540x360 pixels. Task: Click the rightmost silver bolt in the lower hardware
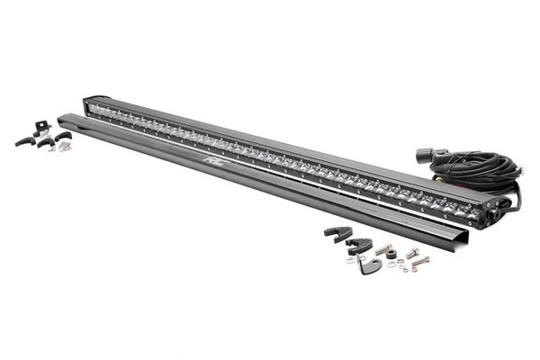click(x=420, y=261)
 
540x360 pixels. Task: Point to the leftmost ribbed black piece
click(x=24, y=140)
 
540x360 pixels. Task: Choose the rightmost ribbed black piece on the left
click(x=63, y=136)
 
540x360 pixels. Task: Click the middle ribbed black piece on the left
click(x=44, y=143)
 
